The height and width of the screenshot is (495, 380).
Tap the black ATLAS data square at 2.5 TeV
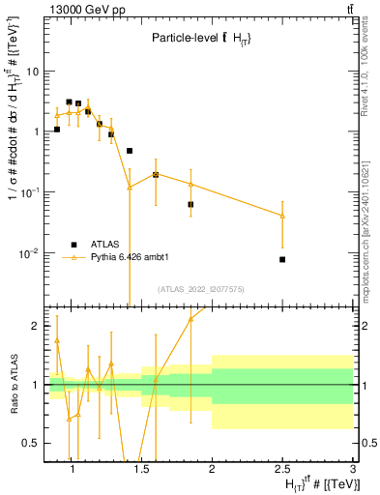point(282,259)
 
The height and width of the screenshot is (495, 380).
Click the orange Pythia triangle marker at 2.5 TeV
point(282,216)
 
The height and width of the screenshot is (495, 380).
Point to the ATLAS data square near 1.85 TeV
point(190,204)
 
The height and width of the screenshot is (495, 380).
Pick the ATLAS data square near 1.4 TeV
point(130,151)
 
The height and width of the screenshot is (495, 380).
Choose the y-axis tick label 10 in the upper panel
point(33,72)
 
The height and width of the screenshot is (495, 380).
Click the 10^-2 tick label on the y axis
point(29,253)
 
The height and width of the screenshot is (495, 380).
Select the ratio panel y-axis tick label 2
point(35,326)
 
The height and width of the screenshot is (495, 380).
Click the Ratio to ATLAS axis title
point(13,379)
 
